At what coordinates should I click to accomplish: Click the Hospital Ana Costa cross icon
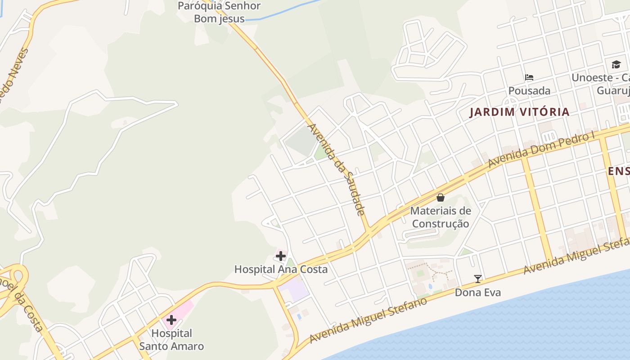click(x=281, y=256)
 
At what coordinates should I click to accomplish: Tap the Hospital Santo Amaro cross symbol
click(x=171, y=320)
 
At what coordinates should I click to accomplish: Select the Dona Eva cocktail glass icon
click(x=477, y=279)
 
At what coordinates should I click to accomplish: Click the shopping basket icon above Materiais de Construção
click(x=441, y=197)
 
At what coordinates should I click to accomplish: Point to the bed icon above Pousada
click(x=529, y=77)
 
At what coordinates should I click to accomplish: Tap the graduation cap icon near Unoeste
click(x=616, y=64)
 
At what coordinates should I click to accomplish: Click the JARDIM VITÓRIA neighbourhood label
click(x=519, y=112)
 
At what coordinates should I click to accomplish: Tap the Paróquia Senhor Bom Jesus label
click(x=219, y=12)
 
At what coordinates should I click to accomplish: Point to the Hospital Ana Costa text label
click(x=281, y=270)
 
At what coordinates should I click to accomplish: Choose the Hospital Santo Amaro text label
click(x=171, y=340)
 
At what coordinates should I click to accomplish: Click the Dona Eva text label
click(x=477, y=292)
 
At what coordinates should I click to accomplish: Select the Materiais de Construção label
click(x=441, y=217)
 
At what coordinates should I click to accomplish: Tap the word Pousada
click(x=529, y=90)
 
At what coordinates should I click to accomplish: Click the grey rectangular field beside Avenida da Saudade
click(x=302, y=142)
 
